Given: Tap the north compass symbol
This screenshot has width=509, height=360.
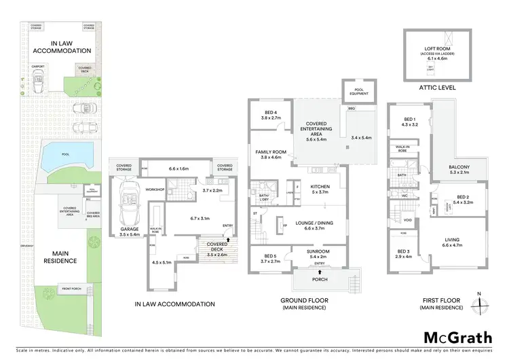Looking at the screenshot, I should [x=480, y=301].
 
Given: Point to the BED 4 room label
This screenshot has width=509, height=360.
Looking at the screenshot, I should [x=270, y=114].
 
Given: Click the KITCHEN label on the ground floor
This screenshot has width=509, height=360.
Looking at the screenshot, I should [x=320, y=189].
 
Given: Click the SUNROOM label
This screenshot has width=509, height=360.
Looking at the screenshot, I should [x=319, y=255].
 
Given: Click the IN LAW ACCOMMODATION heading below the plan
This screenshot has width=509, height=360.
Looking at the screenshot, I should [x=175, y=304].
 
